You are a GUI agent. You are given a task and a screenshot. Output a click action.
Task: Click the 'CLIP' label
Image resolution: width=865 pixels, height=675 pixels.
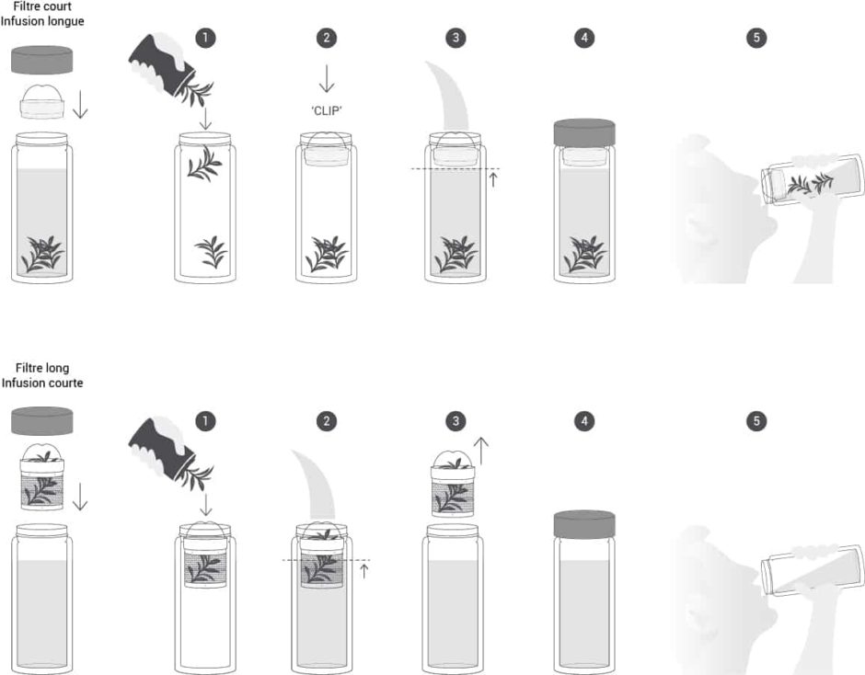click(327, 110)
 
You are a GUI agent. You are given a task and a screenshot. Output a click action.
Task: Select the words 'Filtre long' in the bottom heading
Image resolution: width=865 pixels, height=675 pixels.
click(42, 368)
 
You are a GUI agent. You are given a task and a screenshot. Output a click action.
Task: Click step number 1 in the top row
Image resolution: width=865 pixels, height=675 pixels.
click(205, 38)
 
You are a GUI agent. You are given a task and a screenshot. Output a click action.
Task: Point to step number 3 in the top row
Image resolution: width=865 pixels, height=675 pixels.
click(456, 38)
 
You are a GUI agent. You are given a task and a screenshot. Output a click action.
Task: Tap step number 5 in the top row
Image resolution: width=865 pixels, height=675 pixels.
click(756, 38)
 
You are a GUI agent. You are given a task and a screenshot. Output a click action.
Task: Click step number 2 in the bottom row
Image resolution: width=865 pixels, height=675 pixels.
click(327, 421)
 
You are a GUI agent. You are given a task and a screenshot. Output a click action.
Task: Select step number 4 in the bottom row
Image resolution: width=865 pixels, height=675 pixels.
click(584, 421)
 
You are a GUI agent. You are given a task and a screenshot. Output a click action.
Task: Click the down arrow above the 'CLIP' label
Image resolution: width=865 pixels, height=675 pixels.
click(327, 78)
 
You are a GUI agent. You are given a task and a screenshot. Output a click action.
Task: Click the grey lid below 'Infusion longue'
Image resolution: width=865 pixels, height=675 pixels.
click(42, 60)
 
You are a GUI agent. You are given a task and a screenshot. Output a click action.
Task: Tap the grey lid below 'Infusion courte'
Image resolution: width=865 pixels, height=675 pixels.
click(42, 421)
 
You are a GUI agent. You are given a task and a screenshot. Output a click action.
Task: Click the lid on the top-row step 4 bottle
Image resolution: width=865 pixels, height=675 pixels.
click(584, 133)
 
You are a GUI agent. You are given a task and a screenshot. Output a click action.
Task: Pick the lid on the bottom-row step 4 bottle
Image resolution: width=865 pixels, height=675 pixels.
click(584, 525)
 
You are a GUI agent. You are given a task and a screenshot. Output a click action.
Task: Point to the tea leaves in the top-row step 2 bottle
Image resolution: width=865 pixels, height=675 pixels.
click(327, 254)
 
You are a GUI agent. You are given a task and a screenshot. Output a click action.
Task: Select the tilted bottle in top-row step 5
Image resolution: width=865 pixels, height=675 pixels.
click(813, 181)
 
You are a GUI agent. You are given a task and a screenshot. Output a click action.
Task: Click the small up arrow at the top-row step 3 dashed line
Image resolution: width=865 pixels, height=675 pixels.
click(493, 179)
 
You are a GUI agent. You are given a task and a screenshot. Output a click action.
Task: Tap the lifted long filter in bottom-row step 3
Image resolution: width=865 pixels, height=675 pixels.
click(453, 484)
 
